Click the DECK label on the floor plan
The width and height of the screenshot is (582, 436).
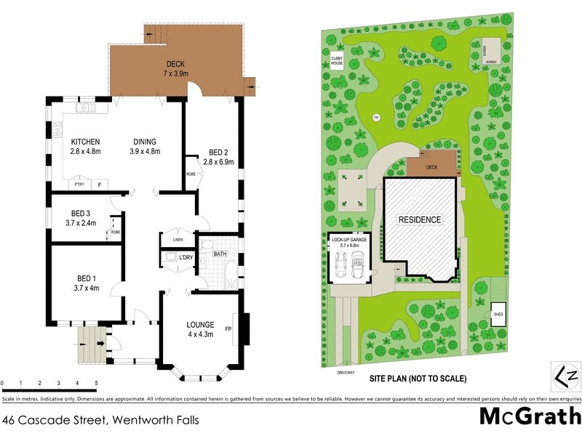coord(176,64)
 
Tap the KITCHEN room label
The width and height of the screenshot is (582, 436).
coord(85,142)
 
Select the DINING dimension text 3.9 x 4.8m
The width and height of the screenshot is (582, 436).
coord(145,151)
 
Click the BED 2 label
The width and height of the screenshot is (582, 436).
coord(221,152)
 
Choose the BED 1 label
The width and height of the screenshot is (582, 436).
coord(86,278)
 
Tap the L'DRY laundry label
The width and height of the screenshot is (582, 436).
coord(186,257)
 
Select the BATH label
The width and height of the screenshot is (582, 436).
coord(220,254)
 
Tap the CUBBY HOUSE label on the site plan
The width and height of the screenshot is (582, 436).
coord(337,60)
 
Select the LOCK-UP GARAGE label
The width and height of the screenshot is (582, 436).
coord(349,238)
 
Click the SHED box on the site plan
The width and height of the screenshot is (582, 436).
coord(498,313)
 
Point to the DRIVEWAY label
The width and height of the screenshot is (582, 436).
coord(346,372)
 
